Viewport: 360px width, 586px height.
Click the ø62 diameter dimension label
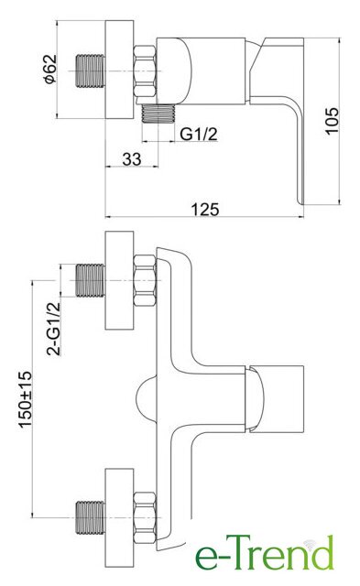[50, 69]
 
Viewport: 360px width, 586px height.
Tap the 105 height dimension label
[332, 120]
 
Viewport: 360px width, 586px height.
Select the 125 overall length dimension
[205, 209]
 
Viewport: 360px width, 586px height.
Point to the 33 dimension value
[132, 159]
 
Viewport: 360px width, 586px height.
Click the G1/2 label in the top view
[199, 134]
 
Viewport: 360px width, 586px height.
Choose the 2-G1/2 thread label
[53, 329]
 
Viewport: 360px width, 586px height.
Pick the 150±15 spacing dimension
[26, 399]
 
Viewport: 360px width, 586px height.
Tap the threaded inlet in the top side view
[90, 71]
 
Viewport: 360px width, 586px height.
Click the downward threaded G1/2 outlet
[158, 114]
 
